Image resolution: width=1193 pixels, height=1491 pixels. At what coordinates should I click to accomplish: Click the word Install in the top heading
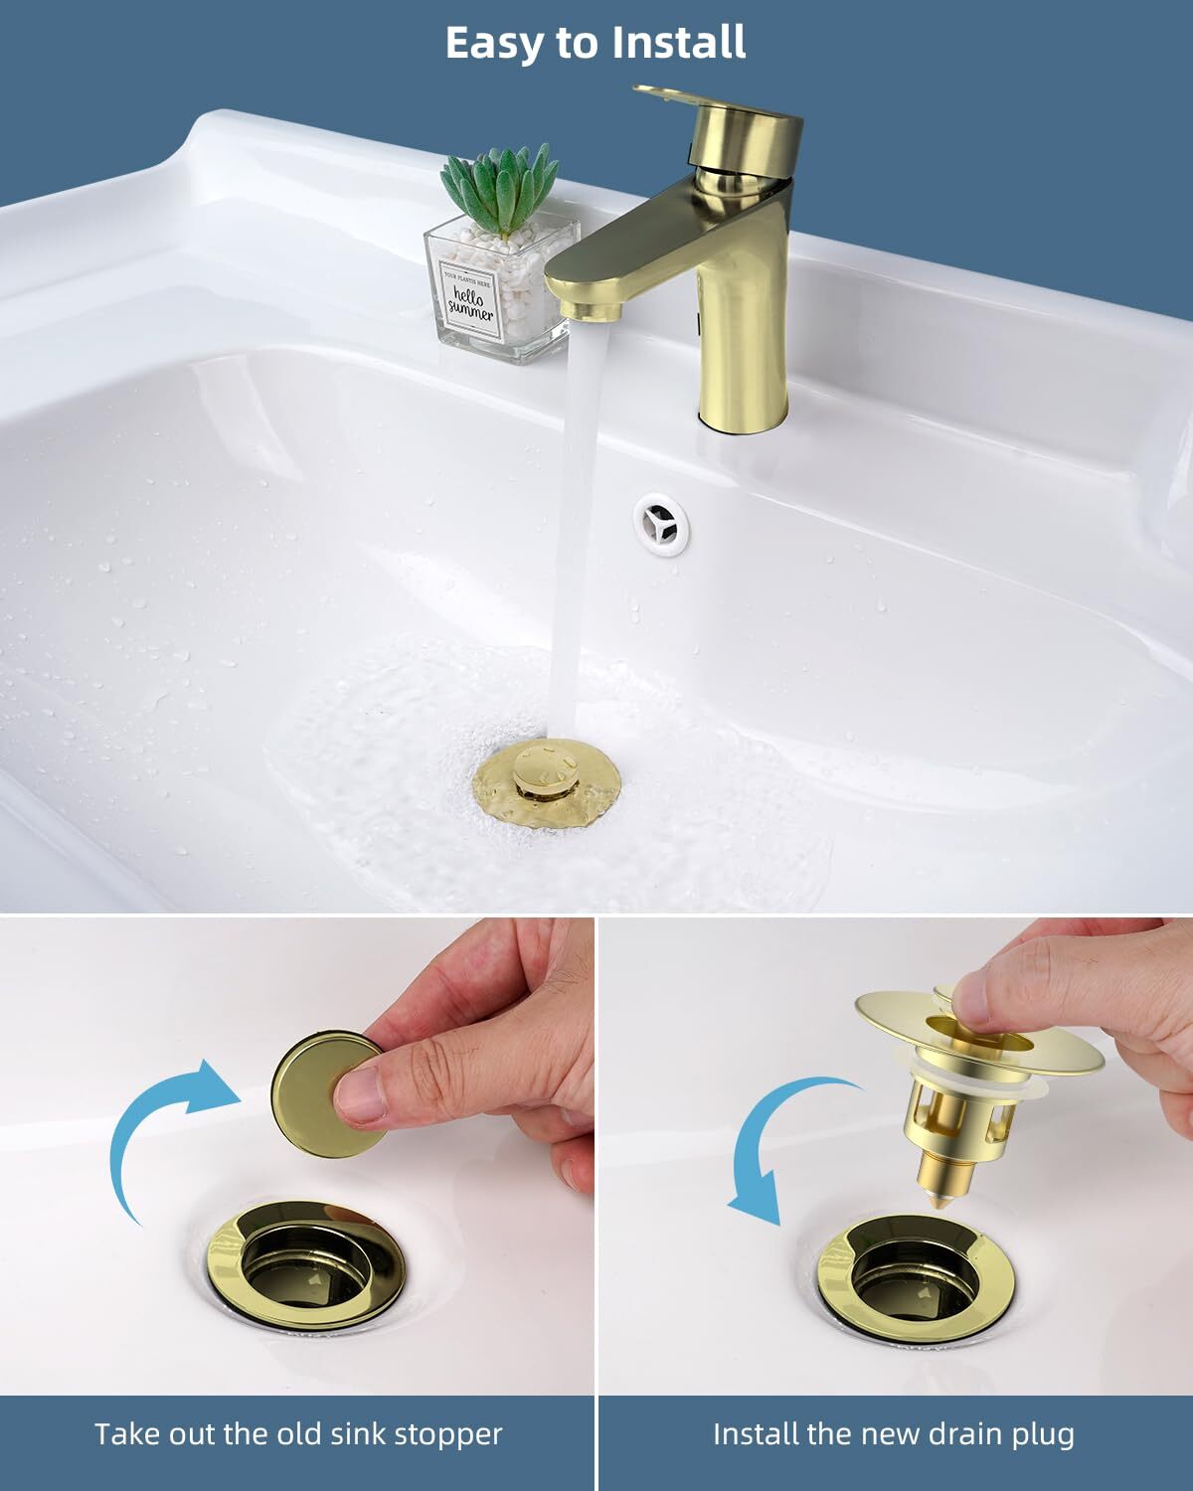point(679,43)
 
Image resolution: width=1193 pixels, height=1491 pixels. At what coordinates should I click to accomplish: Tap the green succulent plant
point(500,190)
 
